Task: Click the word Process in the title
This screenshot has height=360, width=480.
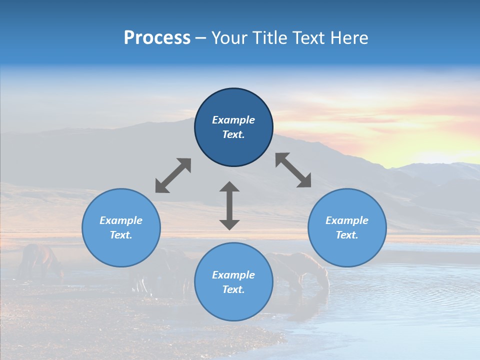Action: click(157, 38)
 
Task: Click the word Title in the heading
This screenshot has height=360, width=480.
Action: click(267, 38)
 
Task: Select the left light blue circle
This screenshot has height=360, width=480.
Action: click(121, 250)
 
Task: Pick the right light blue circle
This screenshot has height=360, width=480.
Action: click(347, 250)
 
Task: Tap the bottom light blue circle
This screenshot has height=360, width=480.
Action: click(233, 305)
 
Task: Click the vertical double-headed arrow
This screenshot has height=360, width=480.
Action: click(229, 205)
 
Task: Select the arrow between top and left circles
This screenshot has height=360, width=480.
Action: click(173, 175)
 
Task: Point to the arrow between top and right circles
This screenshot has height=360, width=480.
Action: click(293, 170)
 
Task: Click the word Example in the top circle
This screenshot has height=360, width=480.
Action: click(233, 120)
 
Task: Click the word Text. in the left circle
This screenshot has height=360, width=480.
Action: click(121, 235)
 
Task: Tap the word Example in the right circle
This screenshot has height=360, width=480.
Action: click(347, 220)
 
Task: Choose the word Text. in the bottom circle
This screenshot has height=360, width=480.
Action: click(233, 289)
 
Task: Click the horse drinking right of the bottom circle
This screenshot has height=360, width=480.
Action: click(305, 270)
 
